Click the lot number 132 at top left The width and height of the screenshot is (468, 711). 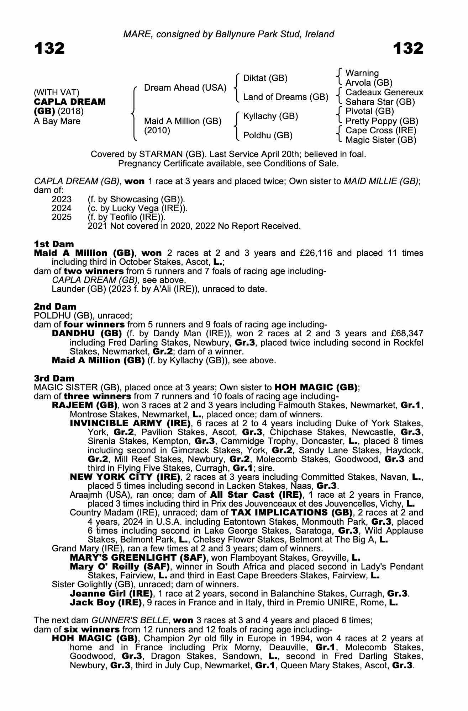pos(49,48)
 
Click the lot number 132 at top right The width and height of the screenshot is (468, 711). pos(408,48)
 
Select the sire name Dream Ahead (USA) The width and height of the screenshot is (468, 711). pos(185,88)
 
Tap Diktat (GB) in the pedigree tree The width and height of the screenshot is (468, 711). pos(265,78)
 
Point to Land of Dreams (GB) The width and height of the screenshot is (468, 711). pos(285,97)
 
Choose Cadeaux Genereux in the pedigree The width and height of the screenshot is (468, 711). pos(384,92)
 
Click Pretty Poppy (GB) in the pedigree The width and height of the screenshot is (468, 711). pos(382,121)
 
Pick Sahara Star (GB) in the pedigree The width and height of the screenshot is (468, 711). pos(380,102)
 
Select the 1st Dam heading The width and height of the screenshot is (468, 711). pos(54,244)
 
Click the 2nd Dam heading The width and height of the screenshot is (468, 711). pos(55,306)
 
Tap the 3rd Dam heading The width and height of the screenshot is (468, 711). pos(54,378)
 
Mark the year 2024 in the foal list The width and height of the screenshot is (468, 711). pos(62,208)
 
